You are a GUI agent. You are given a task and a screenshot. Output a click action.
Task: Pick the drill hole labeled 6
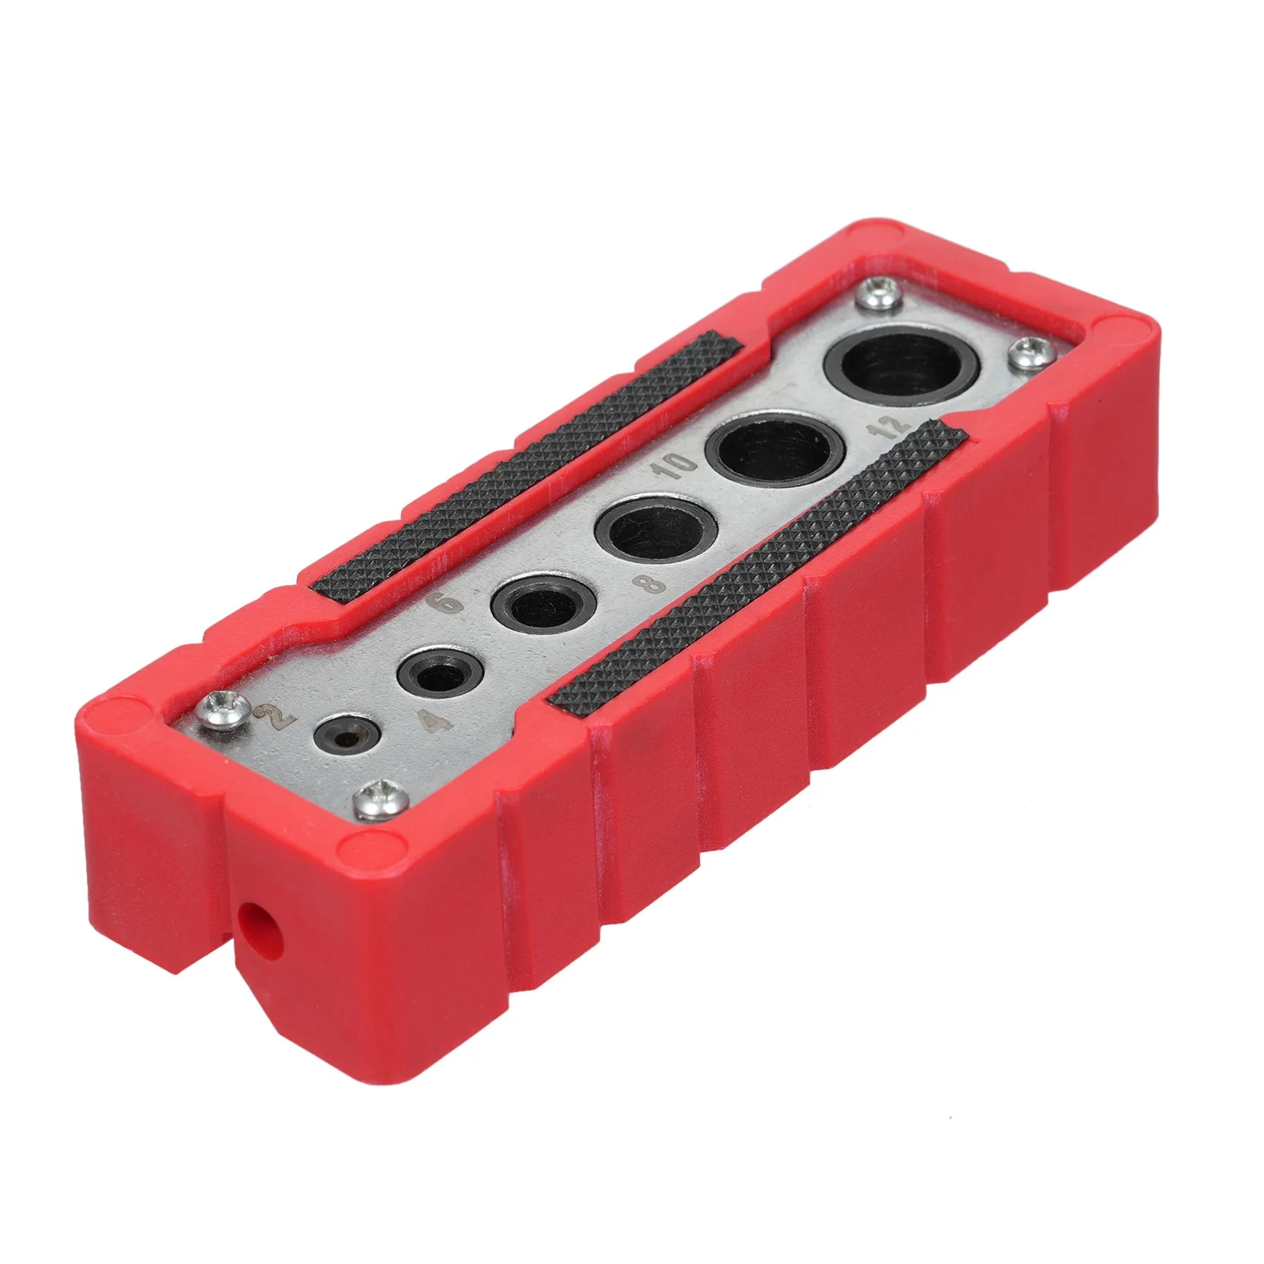pyautogui.click(x=534, y=608)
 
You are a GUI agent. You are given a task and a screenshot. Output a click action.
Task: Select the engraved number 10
pyautogui.click(x=677, y=470)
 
